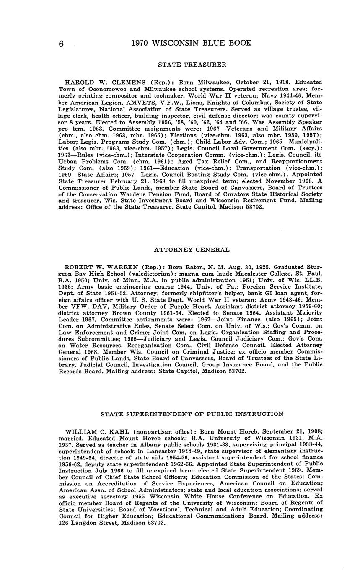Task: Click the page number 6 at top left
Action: pyautogui.click(x=61, y=44)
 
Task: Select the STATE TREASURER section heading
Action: pyautogui.click(x=192, y=65)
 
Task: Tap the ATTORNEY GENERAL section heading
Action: pyautogui.click(x=192, y=250)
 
